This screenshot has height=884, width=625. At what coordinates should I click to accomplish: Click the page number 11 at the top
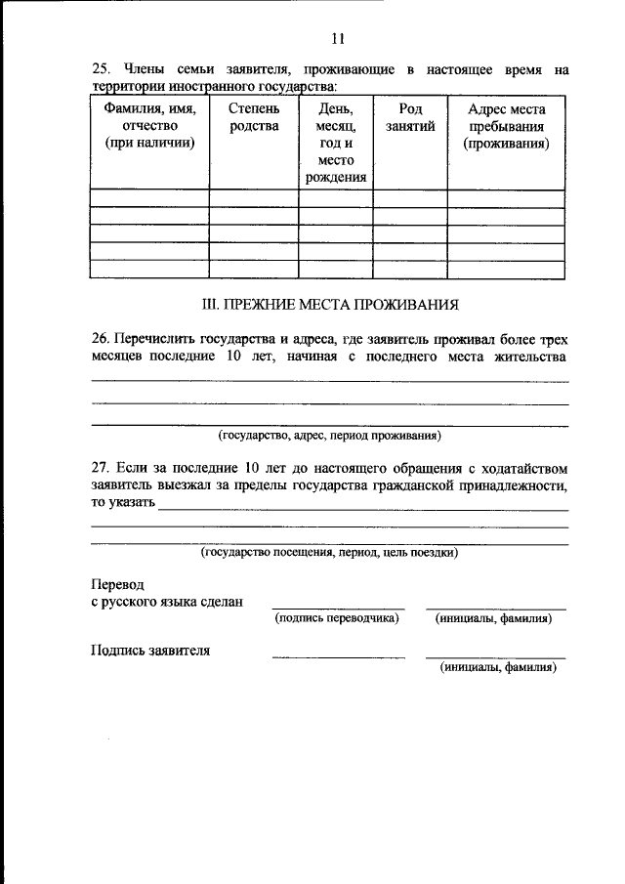pyautogui.click(x=338, y=39)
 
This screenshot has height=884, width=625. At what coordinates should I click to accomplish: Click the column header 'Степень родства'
pyautogui.click(x=253, y=117)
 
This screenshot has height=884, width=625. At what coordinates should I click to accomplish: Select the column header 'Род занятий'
pyautogui.click(x=410, y=117)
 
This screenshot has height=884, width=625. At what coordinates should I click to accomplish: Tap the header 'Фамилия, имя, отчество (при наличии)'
pyautogui.click(x=149, y=126)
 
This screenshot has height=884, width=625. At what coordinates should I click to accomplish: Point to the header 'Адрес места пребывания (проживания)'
pyautogui.click(x=506, y=126)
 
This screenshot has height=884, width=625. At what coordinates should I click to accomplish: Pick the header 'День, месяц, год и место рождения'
pyautogui.click(x=335, y=143)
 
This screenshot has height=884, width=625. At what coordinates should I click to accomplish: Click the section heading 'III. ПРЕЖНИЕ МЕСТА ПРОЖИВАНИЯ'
pyautogui.click(x=329, y=306)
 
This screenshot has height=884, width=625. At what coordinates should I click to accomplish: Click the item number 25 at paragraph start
pyautogui.click(x=100, y=70)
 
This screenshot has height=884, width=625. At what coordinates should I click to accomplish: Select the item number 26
pyautogui.click(x=100, y=338)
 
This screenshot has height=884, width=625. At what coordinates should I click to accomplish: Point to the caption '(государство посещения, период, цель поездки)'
pyautogui.click(x=329, y=552)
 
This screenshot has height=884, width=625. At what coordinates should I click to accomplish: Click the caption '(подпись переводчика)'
pyautogui.click(x=338, y=618)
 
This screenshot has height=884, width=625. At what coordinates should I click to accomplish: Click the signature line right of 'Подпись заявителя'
pyautogui.click(x=338, y=656)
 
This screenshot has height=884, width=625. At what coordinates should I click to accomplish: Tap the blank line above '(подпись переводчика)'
pyautogui.click(x=338, y=608)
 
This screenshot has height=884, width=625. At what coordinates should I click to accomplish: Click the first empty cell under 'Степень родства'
pyautogui.click(x=253, y=198)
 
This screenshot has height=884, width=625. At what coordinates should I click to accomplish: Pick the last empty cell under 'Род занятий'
pyautogui.click(x=410, y=271)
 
